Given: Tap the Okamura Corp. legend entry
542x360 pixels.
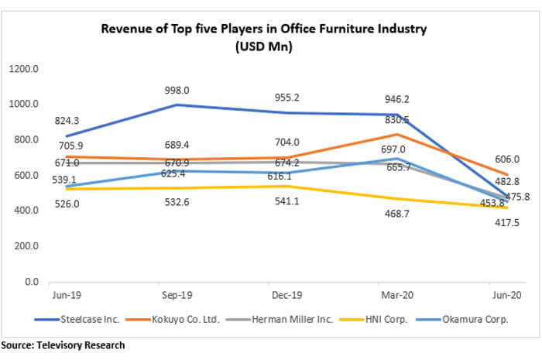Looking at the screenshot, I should click(x=461, y=318).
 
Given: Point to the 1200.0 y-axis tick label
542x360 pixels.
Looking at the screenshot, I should click(x=24, y=69).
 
